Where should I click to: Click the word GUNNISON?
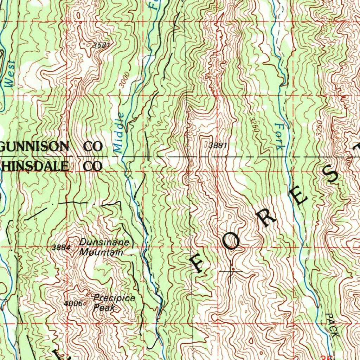pyautogui.click(x=34, y=146)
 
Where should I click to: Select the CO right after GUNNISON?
pyautogui.click(x=93, y=146)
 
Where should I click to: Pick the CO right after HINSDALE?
pyautogui.click(x=93, y=166)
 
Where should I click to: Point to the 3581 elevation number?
pyautogui.click(x=102, y=45)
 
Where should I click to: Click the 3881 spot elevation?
pyautogui.click(x=217, y=145)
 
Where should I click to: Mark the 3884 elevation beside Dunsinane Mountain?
pyautogui.click(x=62, y=247)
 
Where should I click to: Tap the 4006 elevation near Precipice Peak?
pyautogui.click(x=74, y=303)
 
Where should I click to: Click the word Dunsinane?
pyautogui.click(x=104, y=243)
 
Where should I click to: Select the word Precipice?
pyautogui.click(x=114, y=298)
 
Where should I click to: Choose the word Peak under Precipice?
pyautogui.click(x=104, y=308)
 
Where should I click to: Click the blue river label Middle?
pyautogui.click(x=120, y=133)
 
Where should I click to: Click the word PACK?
pyautogui.click(x=330, y=325)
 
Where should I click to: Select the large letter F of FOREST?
pyautogui.click(x=197, y=264)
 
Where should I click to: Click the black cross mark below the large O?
pyautogui.click(x=231, y=272)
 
